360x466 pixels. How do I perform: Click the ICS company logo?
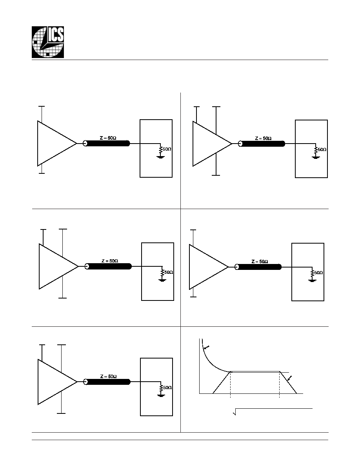48,42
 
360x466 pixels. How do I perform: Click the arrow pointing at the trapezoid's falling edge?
289,378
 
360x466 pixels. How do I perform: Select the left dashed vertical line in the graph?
230,384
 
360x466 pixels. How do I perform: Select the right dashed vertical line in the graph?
280,384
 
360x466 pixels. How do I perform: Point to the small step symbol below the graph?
235,412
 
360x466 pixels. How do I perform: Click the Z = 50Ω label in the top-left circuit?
108,138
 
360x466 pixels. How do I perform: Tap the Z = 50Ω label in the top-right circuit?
264,138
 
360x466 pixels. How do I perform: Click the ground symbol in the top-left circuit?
160,157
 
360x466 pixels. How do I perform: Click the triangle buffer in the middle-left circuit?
58,266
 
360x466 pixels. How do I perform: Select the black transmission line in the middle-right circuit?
258,267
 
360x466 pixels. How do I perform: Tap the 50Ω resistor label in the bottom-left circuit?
167,388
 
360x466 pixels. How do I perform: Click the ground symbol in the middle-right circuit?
312,280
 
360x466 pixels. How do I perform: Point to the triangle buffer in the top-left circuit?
57,143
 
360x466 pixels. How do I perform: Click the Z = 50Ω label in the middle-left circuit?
109,261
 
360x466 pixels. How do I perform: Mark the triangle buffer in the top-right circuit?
212,144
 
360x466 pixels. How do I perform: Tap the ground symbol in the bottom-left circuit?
161,395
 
